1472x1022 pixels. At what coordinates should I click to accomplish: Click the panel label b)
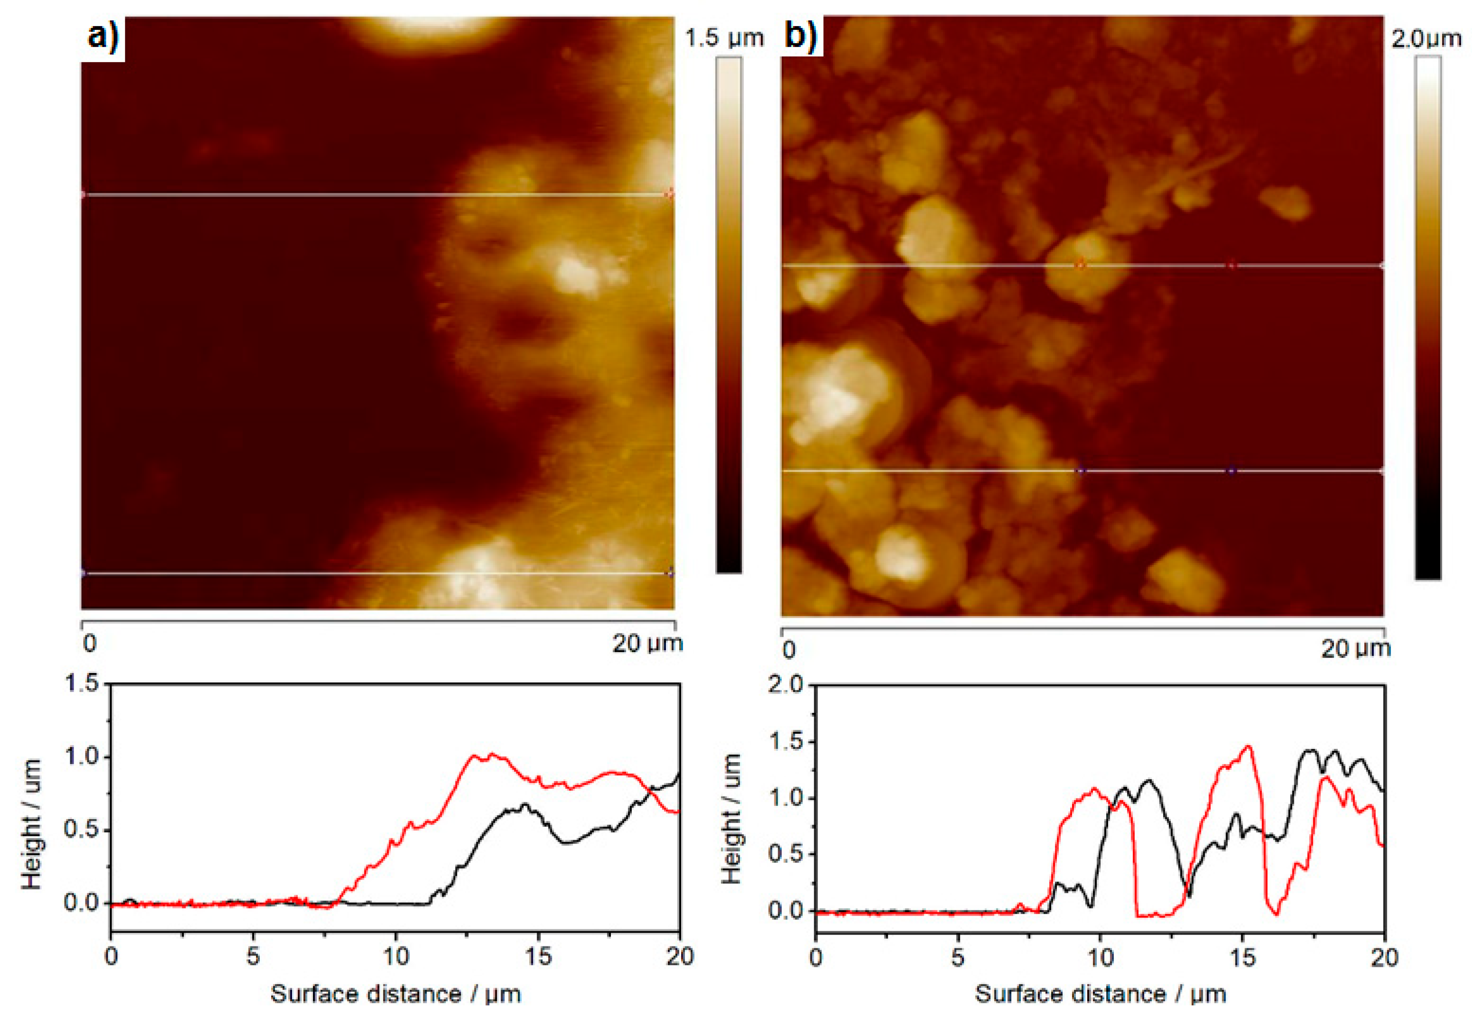[x=801, y=35]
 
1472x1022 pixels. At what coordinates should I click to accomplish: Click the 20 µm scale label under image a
[x=646, y=643]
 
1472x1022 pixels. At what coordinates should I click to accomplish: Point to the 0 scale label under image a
[x=90, y=643]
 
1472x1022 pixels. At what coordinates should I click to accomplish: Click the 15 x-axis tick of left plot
[x=538, y=956]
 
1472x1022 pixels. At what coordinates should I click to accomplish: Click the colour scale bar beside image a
[x=728, y=314]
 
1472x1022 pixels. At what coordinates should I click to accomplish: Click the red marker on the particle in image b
[x=1081, y=265]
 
